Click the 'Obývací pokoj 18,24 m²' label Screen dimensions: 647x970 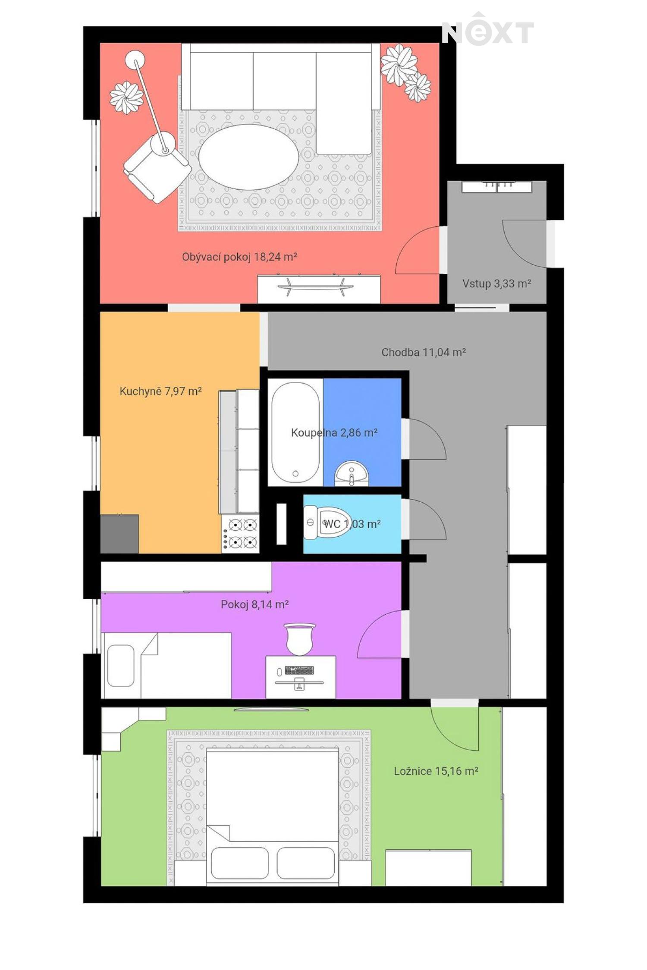point(239,257)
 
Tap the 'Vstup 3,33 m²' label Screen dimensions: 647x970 point(496,284)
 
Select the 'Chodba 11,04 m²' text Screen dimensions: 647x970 point(424,352)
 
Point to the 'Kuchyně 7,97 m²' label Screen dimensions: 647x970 point(160,391)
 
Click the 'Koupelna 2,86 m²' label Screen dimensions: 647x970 point(334,432)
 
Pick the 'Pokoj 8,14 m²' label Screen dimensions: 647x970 point(254,604)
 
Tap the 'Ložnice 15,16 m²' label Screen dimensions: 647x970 point(436,771)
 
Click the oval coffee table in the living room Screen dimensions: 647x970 point(248,157)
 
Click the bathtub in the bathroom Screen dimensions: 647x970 point(295,432)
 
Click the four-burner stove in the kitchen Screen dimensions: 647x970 point(241,534)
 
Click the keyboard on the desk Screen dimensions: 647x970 point(299,670)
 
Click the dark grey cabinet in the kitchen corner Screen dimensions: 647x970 point(119,534)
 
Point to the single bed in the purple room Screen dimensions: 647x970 point(166,665)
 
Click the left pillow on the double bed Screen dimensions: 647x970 point(239,863)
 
